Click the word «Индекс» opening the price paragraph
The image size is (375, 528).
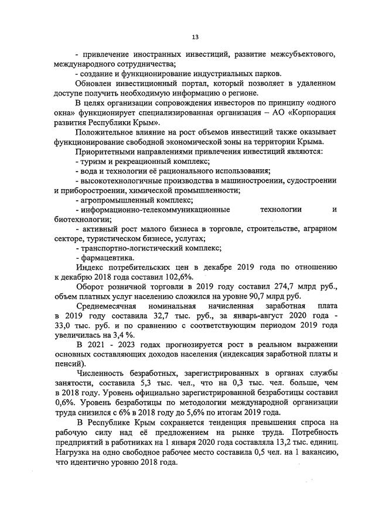(88, 268)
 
